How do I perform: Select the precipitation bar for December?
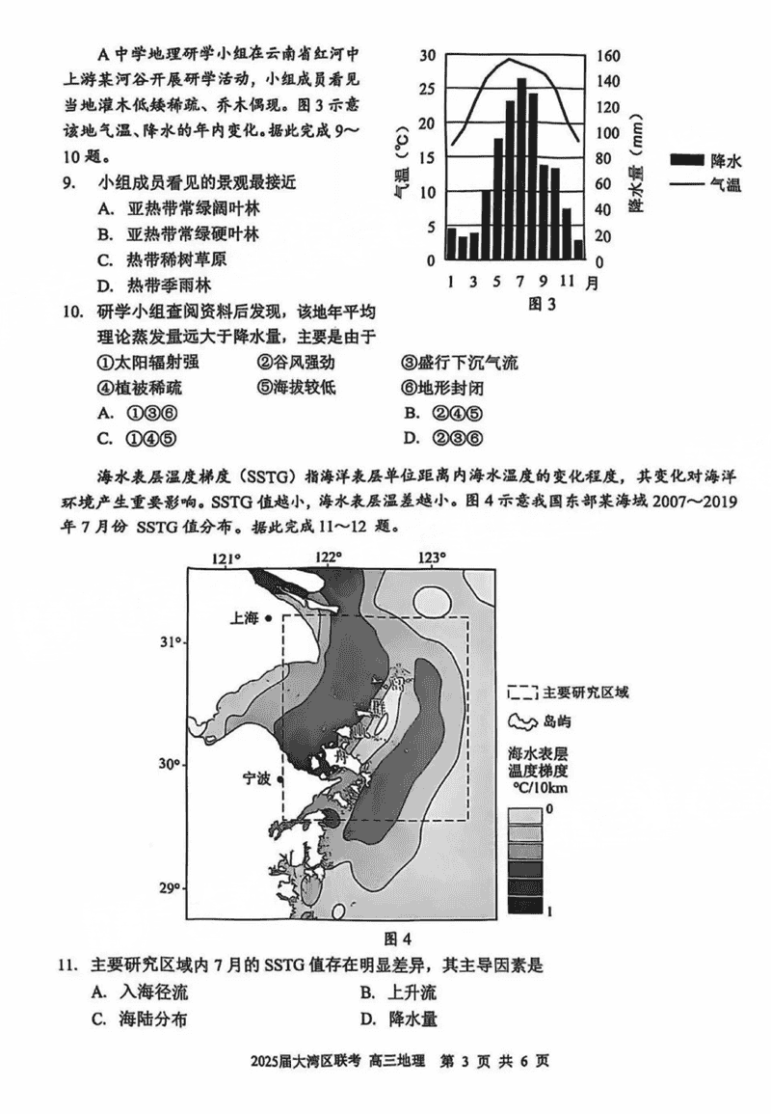pos(578,250)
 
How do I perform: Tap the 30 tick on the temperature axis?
pos(427,55)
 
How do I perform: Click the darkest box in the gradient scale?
pos(525,905)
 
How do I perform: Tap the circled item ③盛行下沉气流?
pos(460,363)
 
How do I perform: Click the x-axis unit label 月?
pos(591,283)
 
